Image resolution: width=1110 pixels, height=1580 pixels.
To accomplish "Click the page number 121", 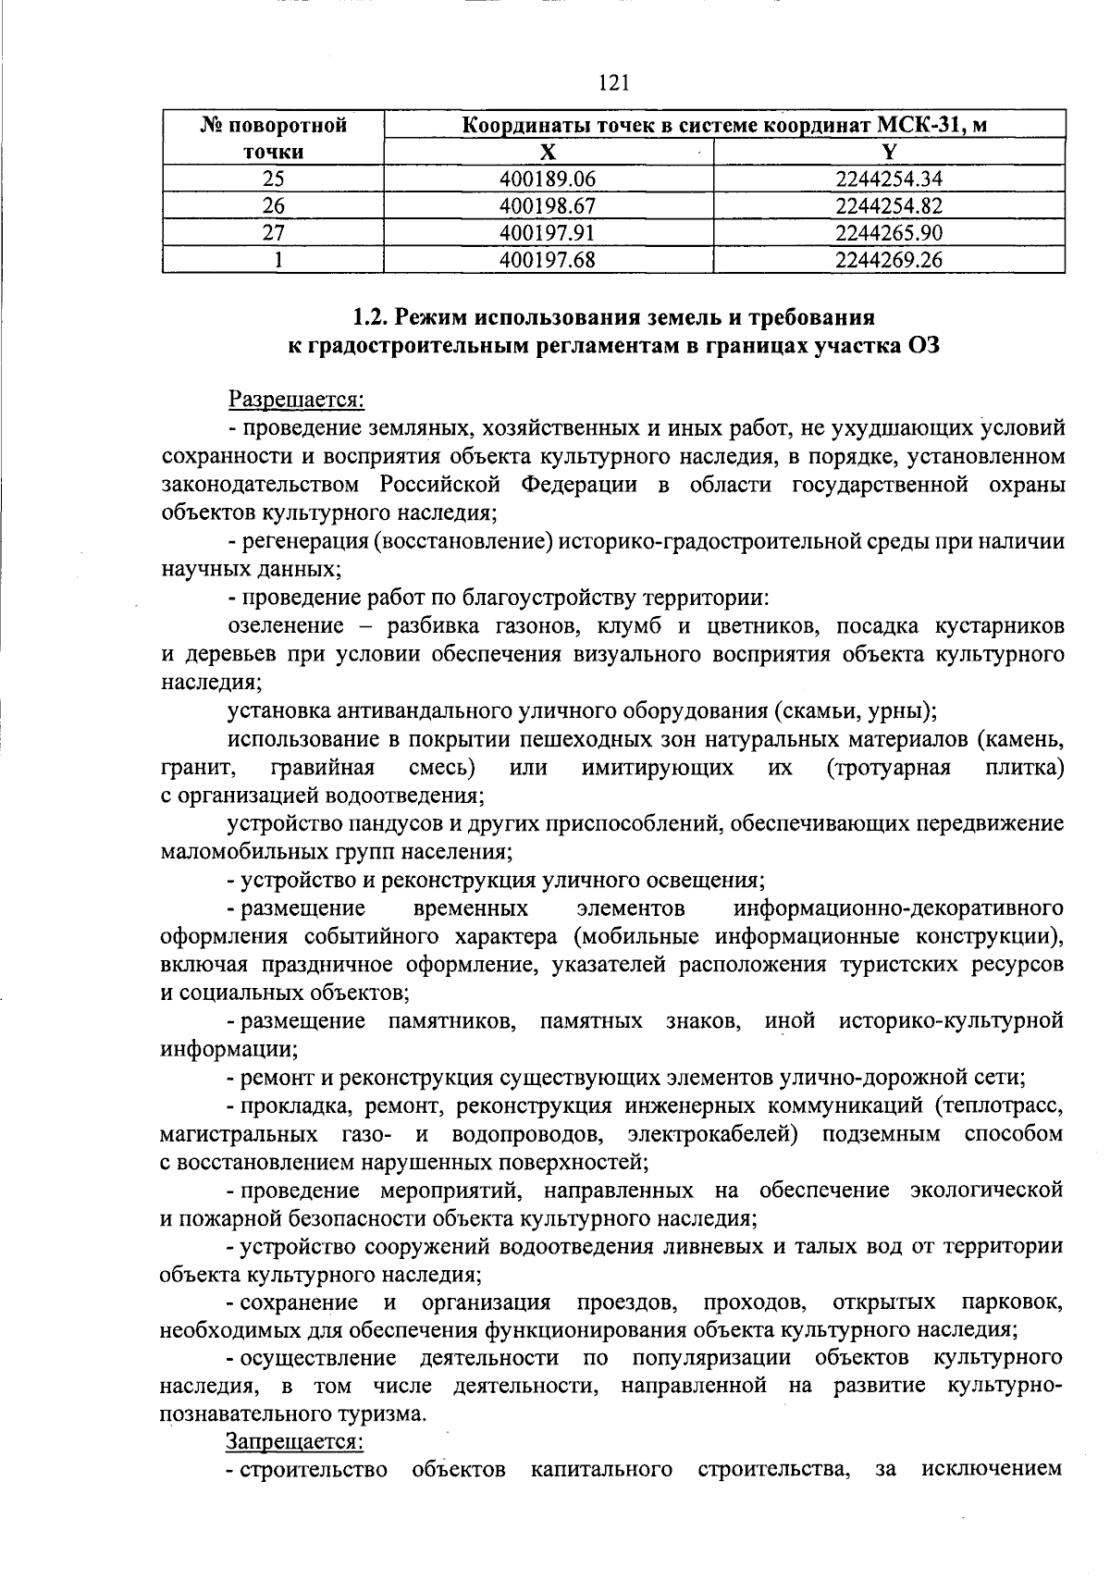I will tap(614, 84).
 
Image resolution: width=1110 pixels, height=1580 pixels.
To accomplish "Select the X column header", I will tap(549, 152).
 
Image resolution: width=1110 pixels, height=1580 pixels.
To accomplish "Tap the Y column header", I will tap(888, 152).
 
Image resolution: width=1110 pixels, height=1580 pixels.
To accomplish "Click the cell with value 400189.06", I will tap(548, 179).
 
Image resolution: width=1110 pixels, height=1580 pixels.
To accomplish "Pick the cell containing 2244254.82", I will tap(888, 205).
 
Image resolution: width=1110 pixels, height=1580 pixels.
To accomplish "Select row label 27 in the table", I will tap(273, 232).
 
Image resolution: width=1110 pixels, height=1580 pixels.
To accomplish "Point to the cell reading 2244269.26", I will tap(888, 260).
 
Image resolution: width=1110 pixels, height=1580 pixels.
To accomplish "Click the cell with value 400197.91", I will tap(548, 232).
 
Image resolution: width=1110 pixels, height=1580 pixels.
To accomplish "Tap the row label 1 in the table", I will tap(274, 260).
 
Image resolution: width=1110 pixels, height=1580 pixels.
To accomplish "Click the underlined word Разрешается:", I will tap(296, 400).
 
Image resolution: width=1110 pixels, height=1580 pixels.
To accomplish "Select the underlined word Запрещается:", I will tap(295, 1441).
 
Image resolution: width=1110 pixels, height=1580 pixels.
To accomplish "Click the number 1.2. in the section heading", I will tap(373, 318).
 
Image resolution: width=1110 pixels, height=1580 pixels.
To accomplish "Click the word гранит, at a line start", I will tap(190, 767).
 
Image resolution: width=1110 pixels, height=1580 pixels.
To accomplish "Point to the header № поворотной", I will tap(273, 126).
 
